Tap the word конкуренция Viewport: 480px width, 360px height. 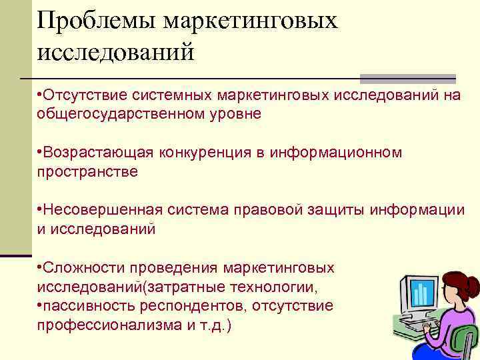[x=203, y=153]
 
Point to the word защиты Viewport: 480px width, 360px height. [x=330, y=210]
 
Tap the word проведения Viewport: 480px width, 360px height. [x=176, y=268]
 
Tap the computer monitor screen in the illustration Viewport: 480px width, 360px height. [x=420, y=294]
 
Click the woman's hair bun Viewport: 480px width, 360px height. [x=473, y=287]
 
